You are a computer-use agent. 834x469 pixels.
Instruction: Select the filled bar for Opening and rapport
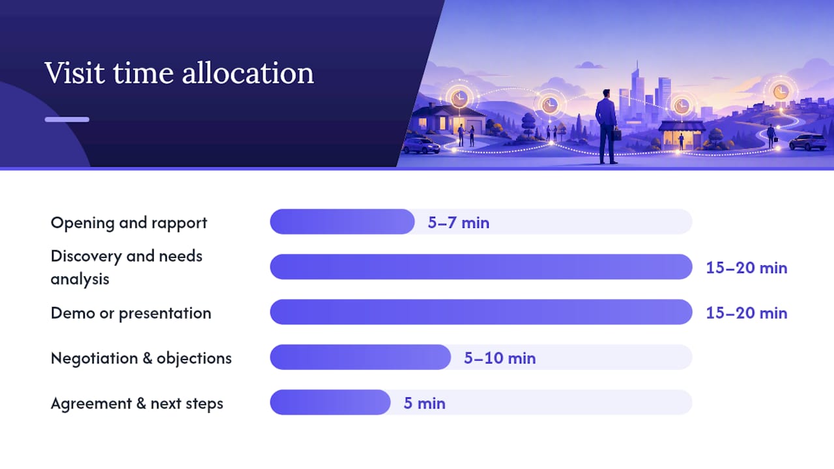342,222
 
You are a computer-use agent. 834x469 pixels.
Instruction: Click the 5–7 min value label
458,223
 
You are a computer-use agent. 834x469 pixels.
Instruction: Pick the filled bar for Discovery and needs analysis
481,267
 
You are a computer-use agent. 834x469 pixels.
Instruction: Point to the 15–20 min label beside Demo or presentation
747,313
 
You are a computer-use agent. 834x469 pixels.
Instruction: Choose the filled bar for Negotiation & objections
360,358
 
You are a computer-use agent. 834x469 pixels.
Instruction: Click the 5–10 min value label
500,358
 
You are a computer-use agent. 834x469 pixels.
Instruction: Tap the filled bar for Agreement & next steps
330,403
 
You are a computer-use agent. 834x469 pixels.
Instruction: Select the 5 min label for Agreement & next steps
424,403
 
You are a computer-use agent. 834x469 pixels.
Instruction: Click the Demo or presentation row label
131,313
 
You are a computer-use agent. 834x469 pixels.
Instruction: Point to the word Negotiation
94,358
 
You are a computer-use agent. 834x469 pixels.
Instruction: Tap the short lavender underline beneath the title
67,119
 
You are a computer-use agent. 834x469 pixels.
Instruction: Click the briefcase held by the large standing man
616,134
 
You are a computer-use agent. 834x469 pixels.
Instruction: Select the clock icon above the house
459,98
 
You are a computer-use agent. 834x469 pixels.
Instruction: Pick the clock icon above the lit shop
682,106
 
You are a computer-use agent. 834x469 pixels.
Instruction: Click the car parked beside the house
422,146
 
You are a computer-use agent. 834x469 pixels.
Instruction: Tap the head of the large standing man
607,93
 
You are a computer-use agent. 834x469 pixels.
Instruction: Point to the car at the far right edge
808,142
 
